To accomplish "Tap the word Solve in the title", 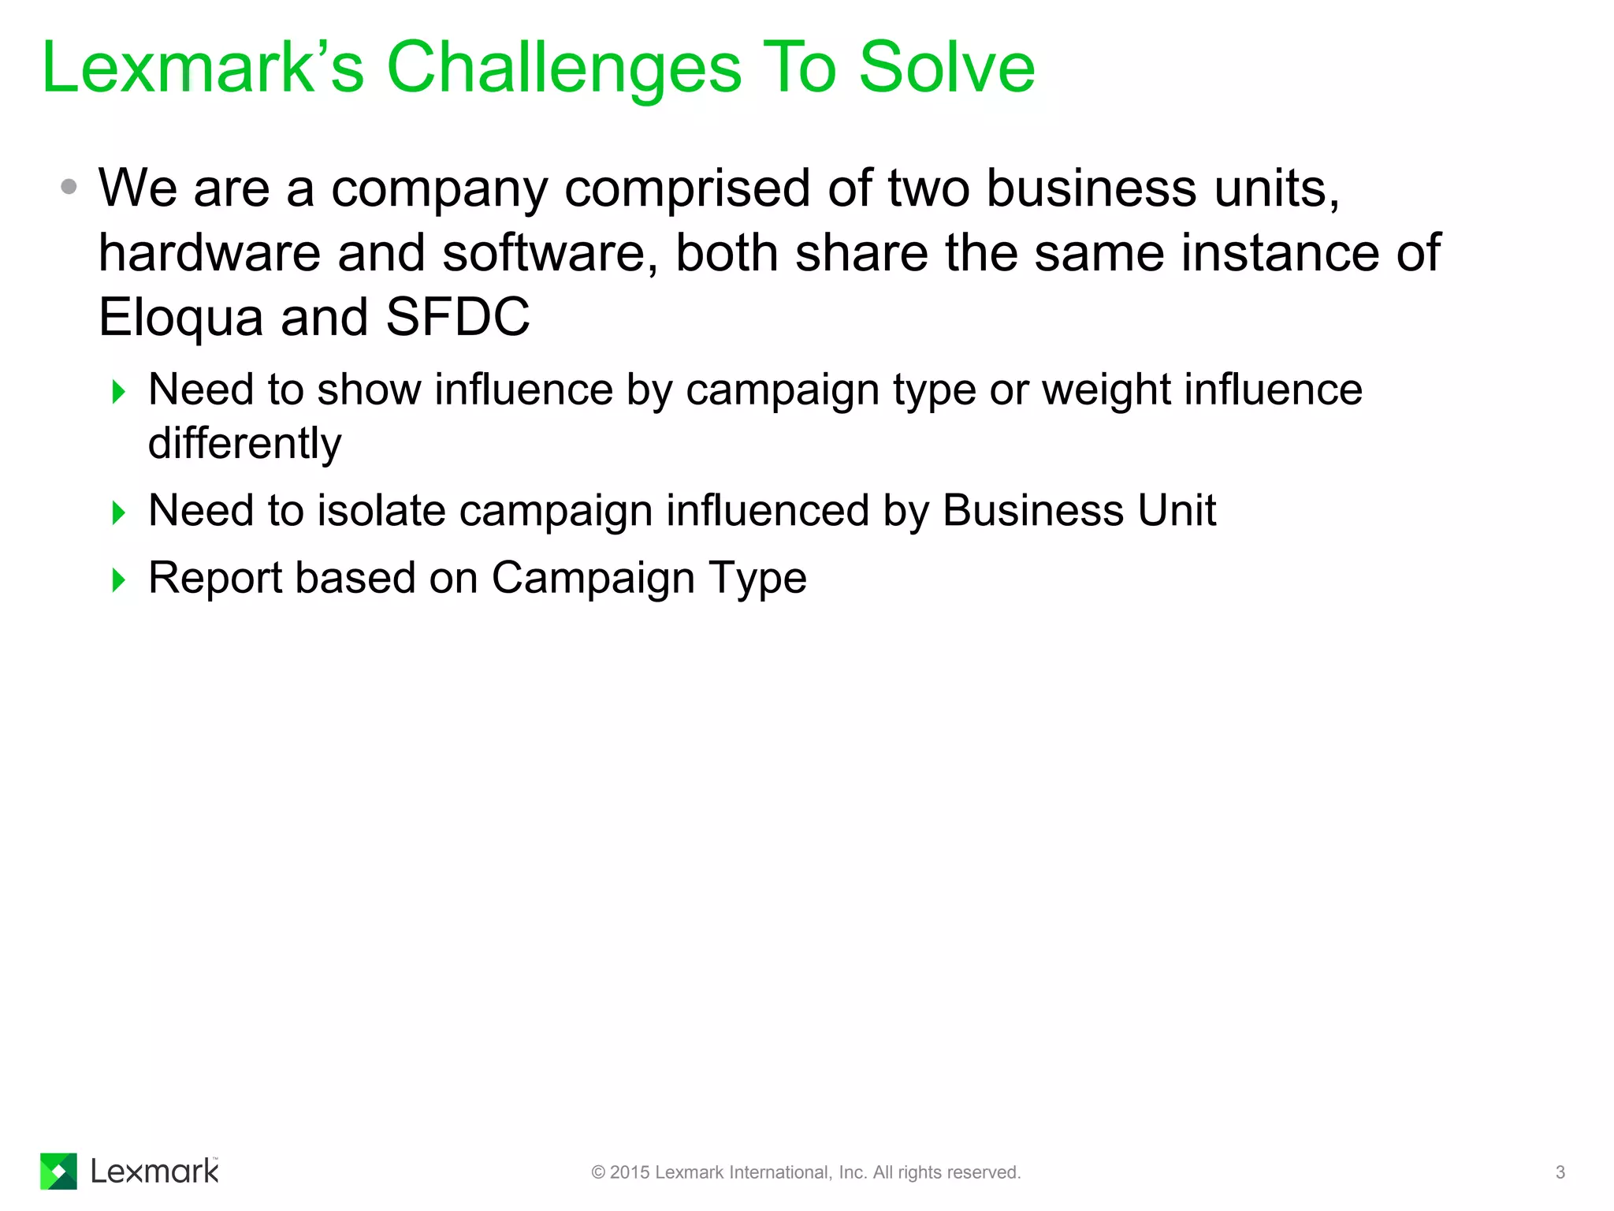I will [x=946, y=68].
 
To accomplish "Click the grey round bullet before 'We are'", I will [x=69, y=187].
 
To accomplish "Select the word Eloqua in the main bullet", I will [x=180, y=318].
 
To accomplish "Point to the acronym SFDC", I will [x=457, y=317].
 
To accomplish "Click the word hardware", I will [x=209, y=253].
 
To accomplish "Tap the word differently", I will [x=244, y=444].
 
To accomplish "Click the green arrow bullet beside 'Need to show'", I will [x=119, y=392].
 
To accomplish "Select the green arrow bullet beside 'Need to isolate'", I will [x=119, y=513].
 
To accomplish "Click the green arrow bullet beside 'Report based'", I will [x=119, y=580].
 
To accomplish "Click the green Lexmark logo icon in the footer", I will [x=58, y=1171].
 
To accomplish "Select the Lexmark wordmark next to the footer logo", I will [x=154, y=1172].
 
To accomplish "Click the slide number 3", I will [x=1560, y=1172].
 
